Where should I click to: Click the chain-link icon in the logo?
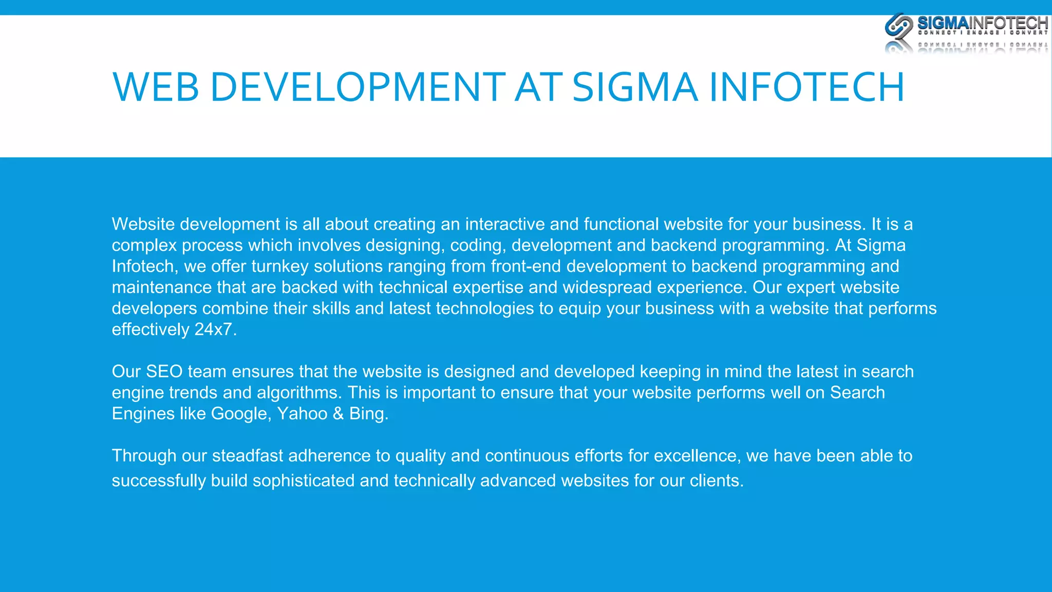pyautogui.click(x=898, y=26)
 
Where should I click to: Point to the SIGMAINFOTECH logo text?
pyautogui.click(x=982, y=23)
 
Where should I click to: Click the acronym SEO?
pyautogui.click(x=164, y=372)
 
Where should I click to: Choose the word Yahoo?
pyautogui.click(x=302, y=414)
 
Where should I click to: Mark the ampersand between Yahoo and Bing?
pyautogui.click(x=338, y=414)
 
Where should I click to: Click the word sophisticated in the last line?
pyautogui.click(x=303, y=481)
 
